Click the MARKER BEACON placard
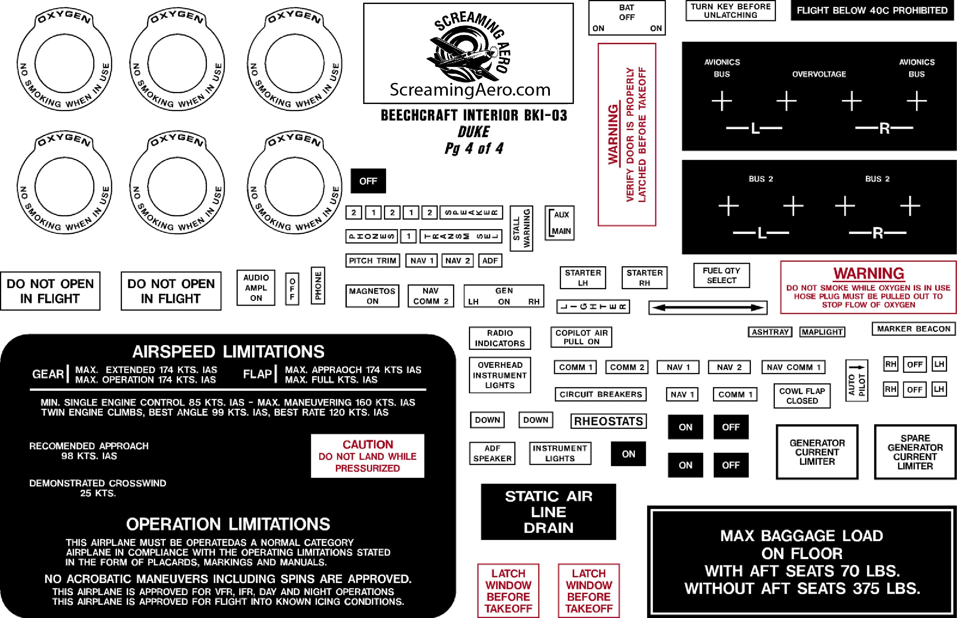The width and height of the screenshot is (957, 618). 913,329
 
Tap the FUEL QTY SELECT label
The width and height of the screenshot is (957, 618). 721,275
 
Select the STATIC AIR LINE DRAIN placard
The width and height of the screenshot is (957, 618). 548,512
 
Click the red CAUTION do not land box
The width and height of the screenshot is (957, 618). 368,456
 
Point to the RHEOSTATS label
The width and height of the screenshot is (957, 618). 608,421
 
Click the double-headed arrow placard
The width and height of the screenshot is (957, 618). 708,308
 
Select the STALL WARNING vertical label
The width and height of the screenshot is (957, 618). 521,228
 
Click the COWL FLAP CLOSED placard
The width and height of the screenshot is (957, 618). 802,396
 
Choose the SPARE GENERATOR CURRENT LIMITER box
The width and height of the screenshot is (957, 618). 915,452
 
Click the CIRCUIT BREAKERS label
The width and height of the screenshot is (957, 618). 601,394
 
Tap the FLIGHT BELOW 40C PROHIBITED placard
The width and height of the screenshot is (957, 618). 872,10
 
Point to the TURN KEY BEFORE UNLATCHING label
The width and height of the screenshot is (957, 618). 731,11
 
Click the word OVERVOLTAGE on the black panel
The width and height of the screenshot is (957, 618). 819,74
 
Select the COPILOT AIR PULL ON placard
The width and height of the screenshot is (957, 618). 581,337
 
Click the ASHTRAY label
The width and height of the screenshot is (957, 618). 770,332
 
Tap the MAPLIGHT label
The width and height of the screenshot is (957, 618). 822,332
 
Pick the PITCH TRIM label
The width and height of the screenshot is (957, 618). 372,261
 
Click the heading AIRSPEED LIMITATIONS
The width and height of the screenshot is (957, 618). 228,351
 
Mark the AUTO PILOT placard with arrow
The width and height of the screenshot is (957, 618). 857,381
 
